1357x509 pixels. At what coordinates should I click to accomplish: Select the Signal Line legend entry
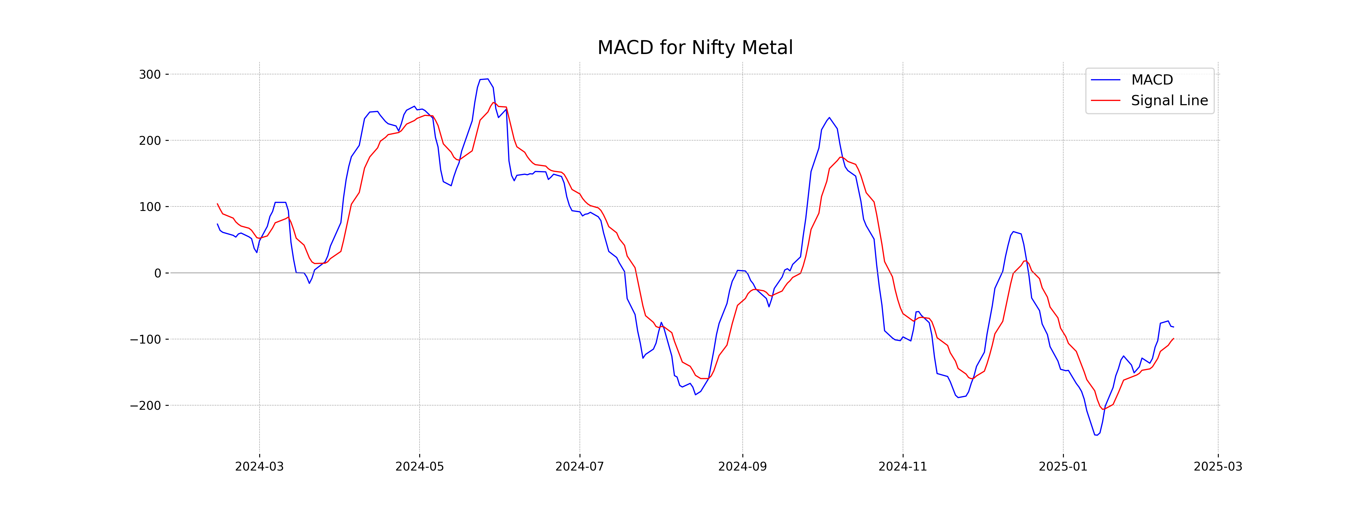(x=1169, y=101)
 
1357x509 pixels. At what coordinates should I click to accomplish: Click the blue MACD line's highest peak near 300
(x=487, y=79)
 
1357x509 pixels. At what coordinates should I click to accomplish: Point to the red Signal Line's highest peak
(x=494, y=103)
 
